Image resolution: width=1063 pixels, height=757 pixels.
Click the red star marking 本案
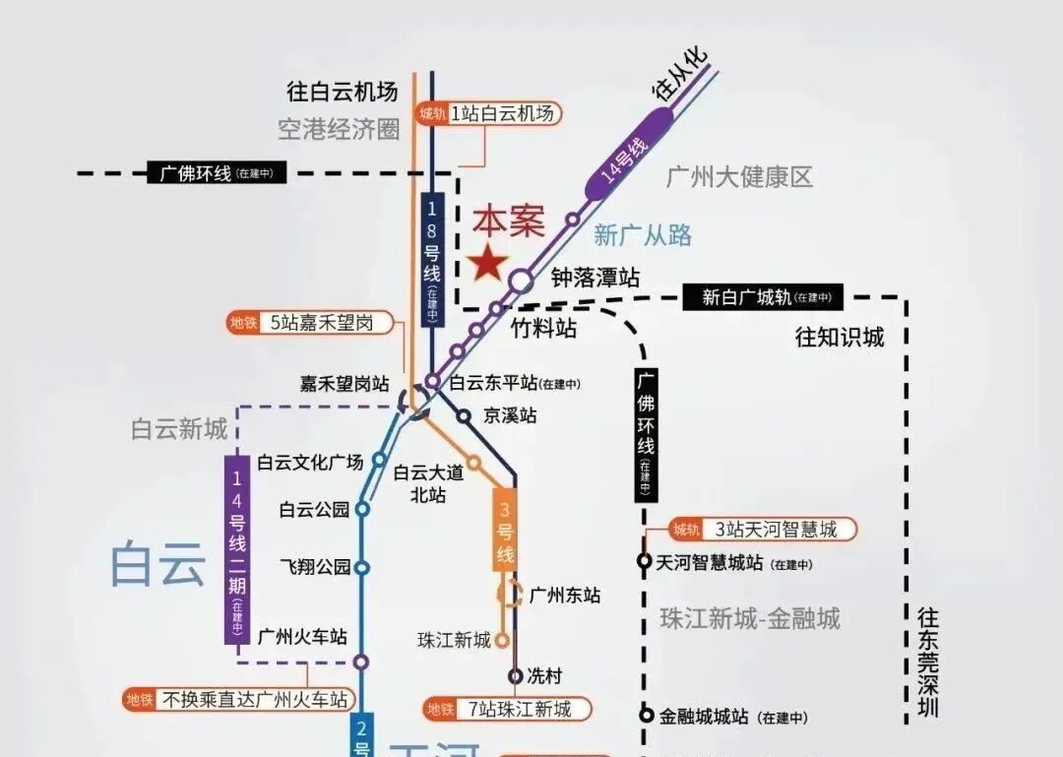coord(488,263)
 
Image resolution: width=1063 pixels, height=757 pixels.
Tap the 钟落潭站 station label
coord(595,279)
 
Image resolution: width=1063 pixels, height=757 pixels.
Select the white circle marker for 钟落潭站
coord(521,281)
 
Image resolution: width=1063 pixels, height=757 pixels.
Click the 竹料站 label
coord(544,328)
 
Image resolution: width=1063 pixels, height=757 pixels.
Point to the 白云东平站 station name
coord(493,383)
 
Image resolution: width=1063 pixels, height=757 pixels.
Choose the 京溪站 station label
coord(510,415)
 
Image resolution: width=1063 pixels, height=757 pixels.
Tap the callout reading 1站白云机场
coord(489,114)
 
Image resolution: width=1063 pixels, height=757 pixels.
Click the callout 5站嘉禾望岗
coord(309,323)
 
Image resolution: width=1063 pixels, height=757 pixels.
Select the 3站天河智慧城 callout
coord(763,530)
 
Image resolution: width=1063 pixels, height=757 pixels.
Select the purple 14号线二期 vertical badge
coord(236,549)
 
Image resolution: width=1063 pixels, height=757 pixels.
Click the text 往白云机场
coord(343,93)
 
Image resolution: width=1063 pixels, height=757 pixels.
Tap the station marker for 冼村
coord(516,675)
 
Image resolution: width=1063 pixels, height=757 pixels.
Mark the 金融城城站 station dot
coord(647,716)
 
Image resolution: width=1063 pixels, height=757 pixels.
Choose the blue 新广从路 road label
coord(643,235)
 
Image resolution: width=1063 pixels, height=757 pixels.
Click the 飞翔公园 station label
coord(315,567)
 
